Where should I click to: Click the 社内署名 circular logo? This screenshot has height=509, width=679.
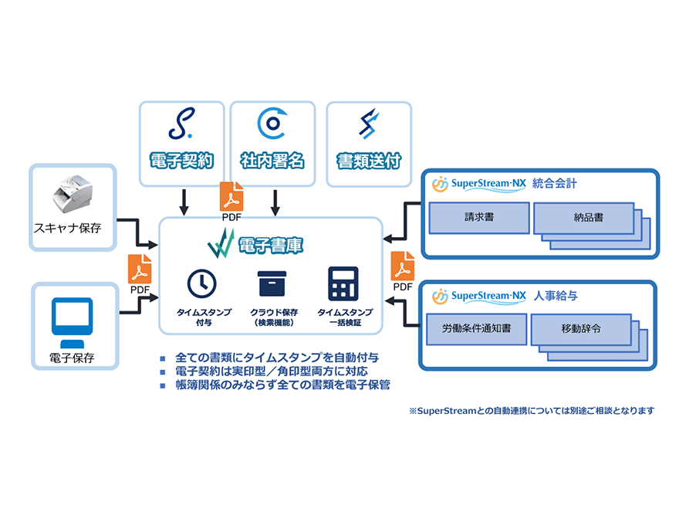272,123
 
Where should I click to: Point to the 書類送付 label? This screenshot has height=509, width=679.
369,161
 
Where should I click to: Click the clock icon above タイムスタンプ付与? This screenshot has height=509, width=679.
202,284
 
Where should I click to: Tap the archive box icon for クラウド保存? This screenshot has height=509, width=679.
274,284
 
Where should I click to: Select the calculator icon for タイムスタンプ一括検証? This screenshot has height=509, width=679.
343,284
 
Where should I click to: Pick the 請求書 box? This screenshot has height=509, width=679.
479,218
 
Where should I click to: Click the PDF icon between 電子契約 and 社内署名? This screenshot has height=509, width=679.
231,198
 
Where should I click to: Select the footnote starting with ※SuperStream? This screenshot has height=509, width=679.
532,411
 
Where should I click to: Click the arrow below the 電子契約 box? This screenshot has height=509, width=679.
184,202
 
